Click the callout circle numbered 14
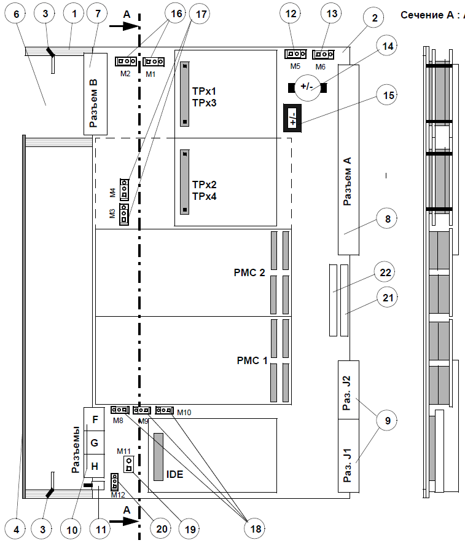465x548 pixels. point(386,47)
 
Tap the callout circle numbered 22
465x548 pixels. point(386,272)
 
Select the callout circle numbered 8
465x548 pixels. point(386,218)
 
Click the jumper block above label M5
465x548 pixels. point(297,55)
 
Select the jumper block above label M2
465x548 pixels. point(125,62)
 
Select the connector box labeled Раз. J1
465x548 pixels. point(348,455)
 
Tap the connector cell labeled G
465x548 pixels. point(94,443)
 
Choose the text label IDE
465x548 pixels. point(175,474)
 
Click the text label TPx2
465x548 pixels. point(204,185)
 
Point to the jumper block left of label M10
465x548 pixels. point(165,410)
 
